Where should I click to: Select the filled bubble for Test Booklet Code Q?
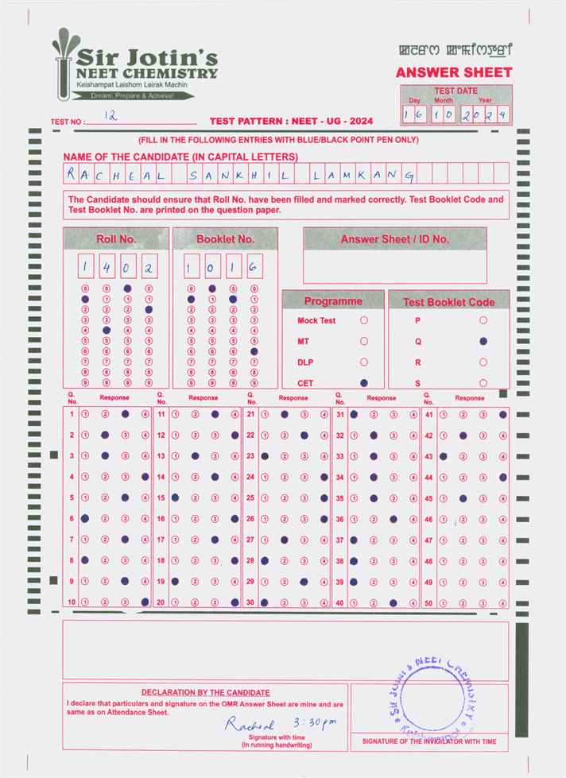pyautogui.click(x=483, y=341)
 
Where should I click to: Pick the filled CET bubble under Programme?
pyautogui.click(x=364, y=383)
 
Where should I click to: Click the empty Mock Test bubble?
pyautogui.click(x=364, y=320)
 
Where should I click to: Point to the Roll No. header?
pyautogui.click(x=116, y=238)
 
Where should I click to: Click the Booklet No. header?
pyautogui.click(x=225, y=238)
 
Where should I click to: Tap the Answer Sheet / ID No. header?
pyautogui.click(x=394, y=238)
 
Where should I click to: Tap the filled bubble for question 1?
pyautogui.click(x=125, y=414)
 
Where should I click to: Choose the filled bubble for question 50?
pyautogui.click(x=503, y=603)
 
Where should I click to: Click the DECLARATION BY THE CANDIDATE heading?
pyautogui.click(x=205, y=693)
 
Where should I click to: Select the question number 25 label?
pyautogui.click(x=250, y=497)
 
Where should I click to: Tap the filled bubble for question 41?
pyautogui.click(x=503, y=414)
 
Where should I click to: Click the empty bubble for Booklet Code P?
pyautogui.click(x=483, y=320)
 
